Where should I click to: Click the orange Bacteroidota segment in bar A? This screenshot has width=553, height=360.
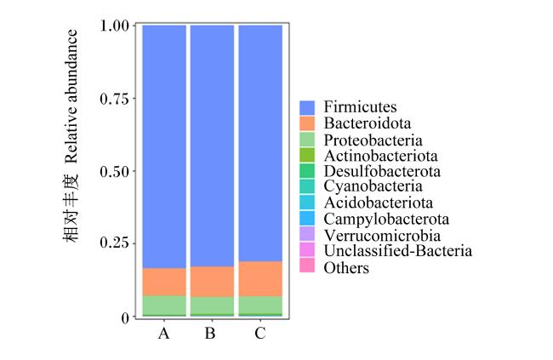164,282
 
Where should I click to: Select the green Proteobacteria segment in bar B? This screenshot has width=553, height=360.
213,305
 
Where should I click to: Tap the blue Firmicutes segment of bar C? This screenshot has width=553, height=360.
260,143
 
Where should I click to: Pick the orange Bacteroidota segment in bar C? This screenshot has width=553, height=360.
260,279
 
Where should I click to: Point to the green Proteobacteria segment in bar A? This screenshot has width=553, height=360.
164,305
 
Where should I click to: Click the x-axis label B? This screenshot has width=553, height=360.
210,333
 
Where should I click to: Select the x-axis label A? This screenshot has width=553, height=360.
163,333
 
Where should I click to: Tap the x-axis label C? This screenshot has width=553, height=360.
260,333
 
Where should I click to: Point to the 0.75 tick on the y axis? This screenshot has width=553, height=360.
115,99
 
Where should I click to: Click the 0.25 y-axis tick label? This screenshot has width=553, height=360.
115,243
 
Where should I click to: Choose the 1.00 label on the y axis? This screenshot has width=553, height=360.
115,26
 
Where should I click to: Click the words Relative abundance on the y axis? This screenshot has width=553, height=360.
71,97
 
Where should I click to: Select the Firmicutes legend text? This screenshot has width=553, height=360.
360,106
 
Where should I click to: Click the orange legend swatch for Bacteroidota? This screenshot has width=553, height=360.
307,123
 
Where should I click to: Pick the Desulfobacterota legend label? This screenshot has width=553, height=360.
382,171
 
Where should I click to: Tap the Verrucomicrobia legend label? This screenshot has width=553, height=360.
382,236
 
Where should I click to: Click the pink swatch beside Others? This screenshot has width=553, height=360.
307,266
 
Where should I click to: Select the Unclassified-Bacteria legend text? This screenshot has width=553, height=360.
398,251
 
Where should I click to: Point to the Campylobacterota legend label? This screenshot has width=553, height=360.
386,220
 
